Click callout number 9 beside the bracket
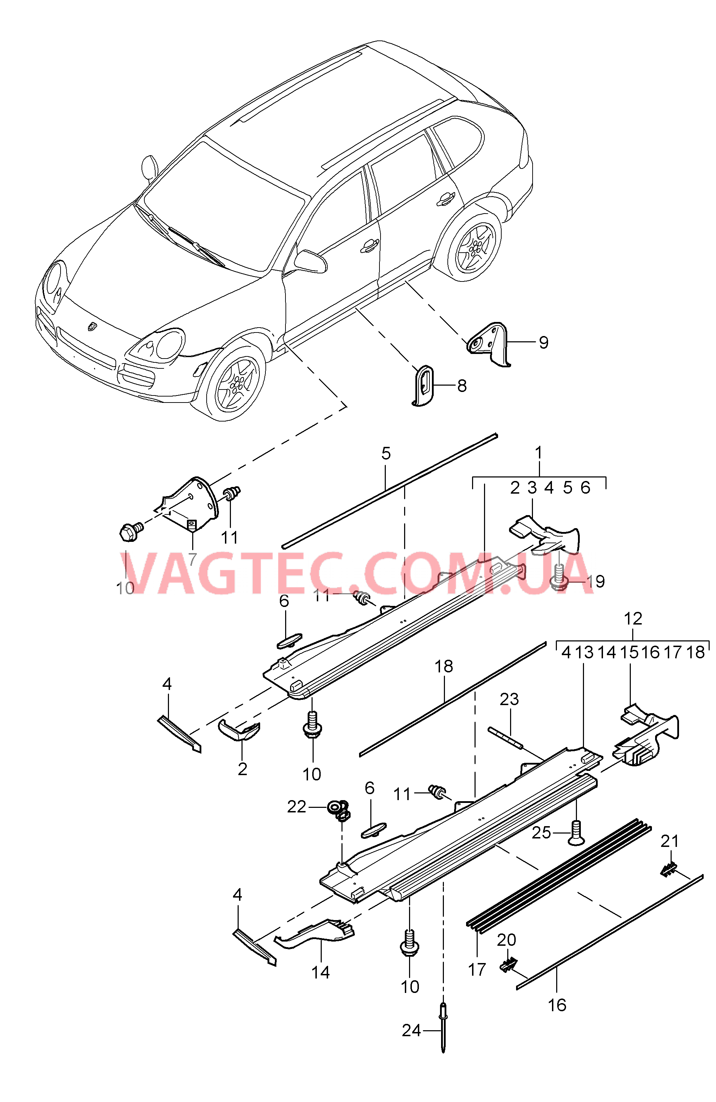pos(543,343)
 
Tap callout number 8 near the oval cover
pos(462,386)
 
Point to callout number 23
pos(509,699)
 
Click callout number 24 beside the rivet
pos(411,1031)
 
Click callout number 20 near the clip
pos(506,940)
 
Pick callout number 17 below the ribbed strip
pos(477,969)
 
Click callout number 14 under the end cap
pos(320,973)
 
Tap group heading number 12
pos(633,619)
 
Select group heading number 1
pos(538,452)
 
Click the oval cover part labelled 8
pos(423,385)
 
